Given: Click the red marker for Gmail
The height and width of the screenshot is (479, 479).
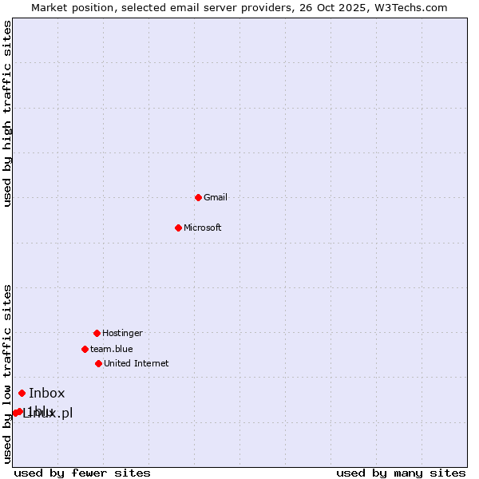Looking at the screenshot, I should (198, 197).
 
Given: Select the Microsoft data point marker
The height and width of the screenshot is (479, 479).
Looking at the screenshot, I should (178, 228).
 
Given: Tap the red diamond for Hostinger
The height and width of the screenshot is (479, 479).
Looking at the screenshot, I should (97, 333).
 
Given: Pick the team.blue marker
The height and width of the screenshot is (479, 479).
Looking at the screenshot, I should (85, 349).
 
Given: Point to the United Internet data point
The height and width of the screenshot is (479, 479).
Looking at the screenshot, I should (98, 363).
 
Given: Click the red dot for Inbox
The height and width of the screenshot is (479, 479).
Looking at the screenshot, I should (22, 393).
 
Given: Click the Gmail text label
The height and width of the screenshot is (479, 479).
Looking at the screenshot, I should (216, 197).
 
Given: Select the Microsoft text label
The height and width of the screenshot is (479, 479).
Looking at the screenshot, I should (203, 228).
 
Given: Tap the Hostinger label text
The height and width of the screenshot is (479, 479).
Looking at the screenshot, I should (122, 333).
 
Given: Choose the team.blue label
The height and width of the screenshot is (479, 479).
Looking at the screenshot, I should (112, 349).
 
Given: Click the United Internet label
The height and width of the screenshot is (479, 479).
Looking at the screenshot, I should (137, 363).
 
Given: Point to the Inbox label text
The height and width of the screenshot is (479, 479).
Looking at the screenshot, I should (47, 393).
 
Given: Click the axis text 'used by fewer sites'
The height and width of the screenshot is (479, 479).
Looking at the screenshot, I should (82, 473).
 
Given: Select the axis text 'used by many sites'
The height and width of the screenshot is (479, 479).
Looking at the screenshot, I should (401, 473).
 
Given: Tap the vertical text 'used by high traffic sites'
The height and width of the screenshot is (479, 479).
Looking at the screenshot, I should (7, 113).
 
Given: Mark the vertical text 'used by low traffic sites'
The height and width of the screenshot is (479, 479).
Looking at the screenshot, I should (7, 374).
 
